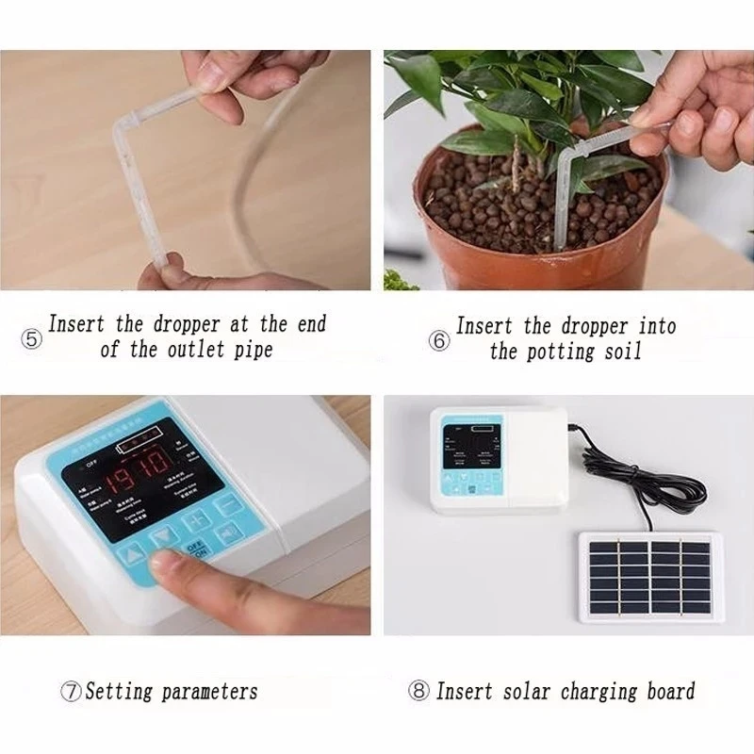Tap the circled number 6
[x=439, y=341]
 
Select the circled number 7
[x=72, y=691]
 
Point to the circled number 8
[x=419, y=691]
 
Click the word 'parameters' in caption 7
[x=209, y=692]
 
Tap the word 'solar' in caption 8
[x=522, y=691]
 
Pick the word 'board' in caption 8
[x=671, y=691]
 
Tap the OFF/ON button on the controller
[x=196, y=549]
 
